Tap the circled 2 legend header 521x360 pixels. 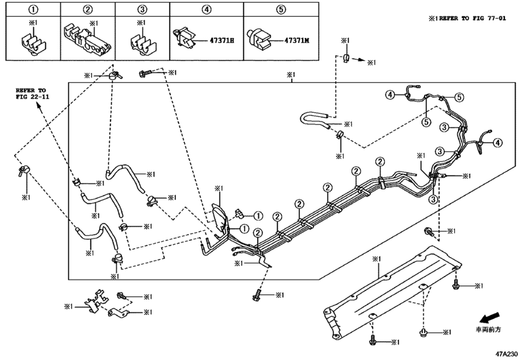88,10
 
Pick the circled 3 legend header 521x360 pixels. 143,10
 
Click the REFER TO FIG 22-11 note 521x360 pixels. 33,91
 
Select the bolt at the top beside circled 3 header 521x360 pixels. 145,75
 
